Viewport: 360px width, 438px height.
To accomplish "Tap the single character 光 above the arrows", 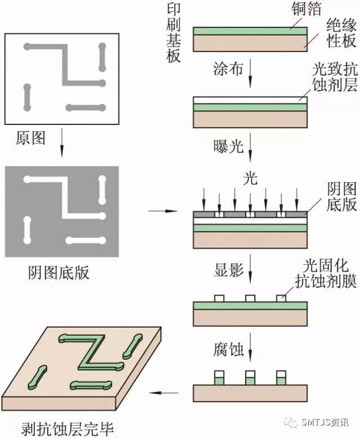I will pyautogui.click(x=250, y=179).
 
